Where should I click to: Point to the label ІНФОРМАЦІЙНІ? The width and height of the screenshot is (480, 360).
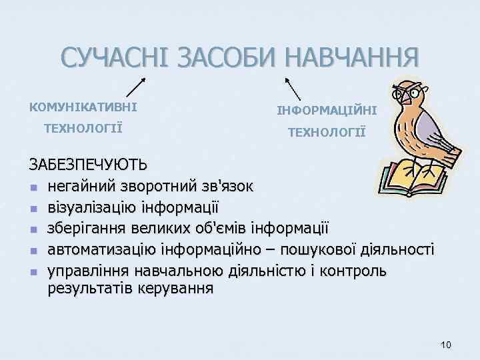point(327,109)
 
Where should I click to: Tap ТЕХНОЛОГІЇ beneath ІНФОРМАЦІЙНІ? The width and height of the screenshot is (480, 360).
point(327,132)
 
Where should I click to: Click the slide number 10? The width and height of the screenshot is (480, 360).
point(446,345)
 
